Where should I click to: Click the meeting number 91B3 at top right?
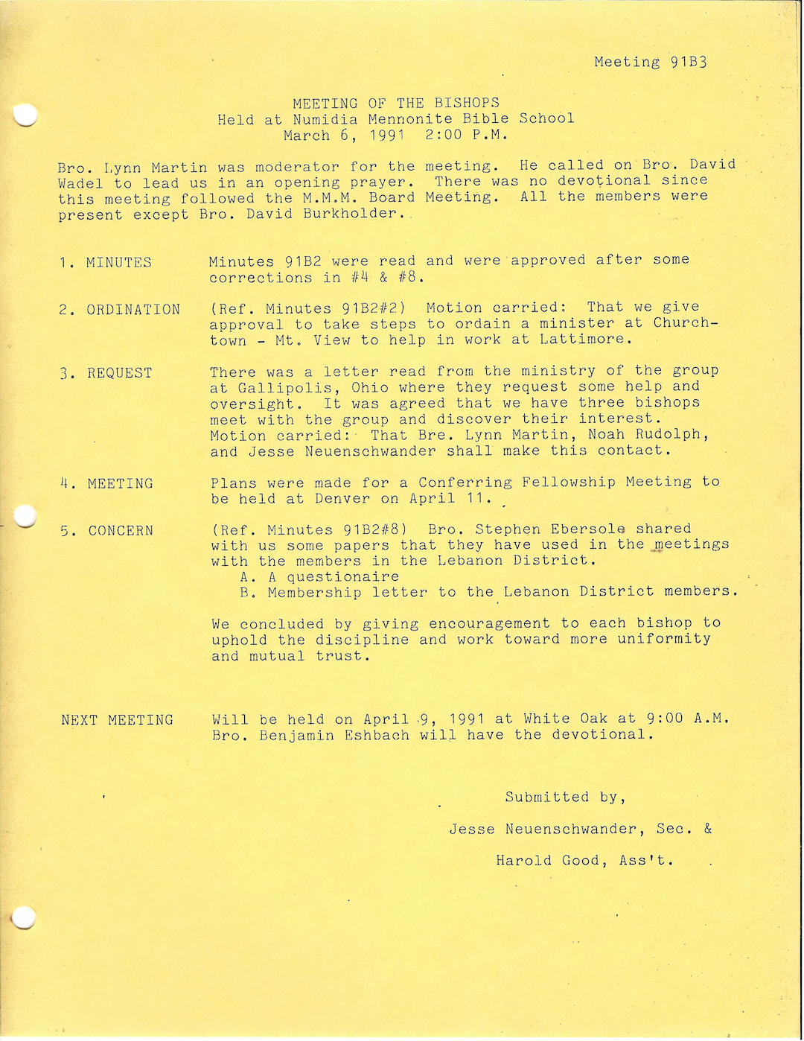[688, 62]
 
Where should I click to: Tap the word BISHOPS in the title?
[467, 103]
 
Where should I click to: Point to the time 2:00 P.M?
[466, 136]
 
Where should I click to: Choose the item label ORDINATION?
[133, 310]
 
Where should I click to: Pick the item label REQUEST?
[120, 373]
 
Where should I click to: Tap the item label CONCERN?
[121, 531]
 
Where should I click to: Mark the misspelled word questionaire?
[343, 577]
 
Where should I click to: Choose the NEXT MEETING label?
[117, 720]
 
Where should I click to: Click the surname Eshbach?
[377, 735]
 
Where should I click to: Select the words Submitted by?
[564, 798]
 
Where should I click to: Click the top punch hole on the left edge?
[25, 115]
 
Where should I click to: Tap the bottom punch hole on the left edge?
[23, 917]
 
